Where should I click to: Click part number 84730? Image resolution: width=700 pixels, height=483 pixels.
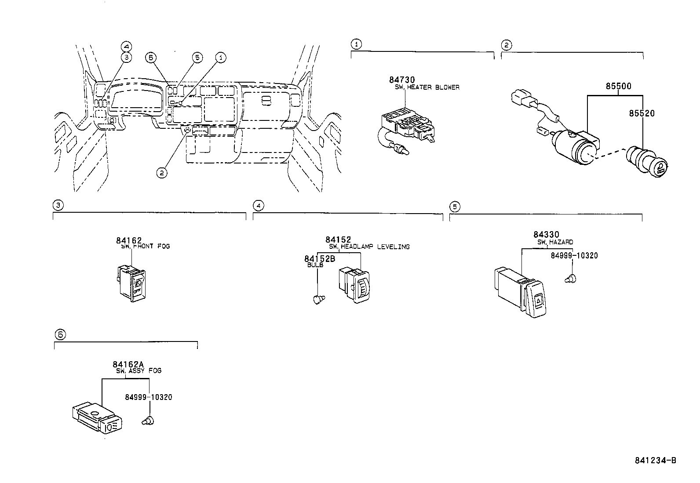pyautogui.click(x=401, y=80)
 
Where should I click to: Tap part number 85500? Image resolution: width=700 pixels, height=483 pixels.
pyautogui.click(x=618, y=86)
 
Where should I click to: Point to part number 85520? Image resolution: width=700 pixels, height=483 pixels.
pyautogui.click(x=642, y=113)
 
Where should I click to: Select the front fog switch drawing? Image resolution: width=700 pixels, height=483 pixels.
pyautogui.click(x=131, y=284)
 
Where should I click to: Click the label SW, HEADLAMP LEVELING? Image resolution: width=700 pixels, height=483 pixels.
pyautogui.click(x=369, y=247)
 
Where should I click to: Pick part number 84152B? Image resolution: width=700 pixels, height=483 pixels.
pyautogui.click(x=320, y=259)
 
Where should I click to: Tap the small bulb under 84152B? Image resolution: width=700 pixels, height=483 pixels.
pyautogui.click(x=318, y=299)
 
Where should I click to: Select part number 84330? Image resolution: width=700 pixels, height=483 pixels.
pyautogui.click(x=546, y=235)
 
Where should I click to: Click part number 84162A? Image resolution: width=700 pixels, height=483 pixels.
pyautogui.click(x=128, y=364)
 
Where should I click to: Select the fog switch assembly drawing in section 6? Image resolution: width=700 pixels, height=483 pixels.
pyautogui.click(x=96, y=418)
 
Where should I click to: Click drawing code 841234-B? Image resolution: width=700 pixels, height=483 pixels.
pyautogui.click(x=655, y=460)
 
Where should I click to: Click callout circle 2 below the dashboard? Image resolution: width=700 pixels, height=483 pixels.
pyautogui.click(x=162, y=173)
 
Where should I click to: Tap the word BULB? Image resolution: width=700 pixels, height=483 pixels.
pyautogui.click(x=315, y=265)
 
